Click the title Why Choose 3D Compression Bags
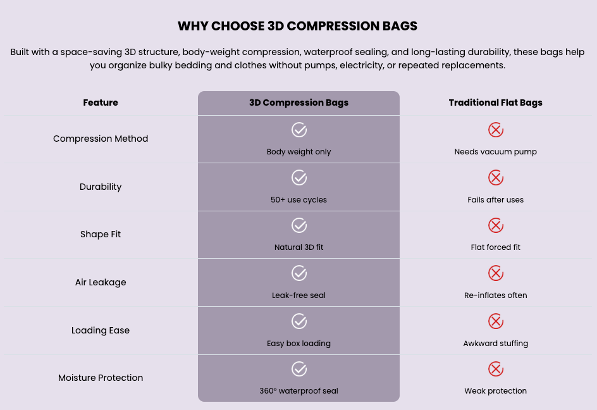(297, 26)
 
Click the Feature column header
(101, 102)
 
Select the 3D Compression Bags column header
(299, 102)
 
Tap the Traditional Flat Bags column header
(495, 102)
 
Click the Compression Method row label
(101, 139)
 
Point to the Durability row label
(101, 187)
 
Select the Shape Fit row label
(101, 234)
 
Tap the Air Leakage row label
(101, 282)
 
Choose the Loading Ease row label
(101, 330)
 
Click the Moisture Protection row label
(101, 378)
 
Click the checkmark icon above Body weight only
(299, 130)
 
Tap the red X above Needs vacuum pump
(496, 130)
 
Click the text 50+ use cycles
(299, 200)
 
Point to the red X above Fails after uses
(496, 178)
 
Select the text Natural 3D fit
(299, 247)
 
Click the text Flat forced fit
(495, 247)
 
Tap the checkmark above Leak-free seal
(299, 273)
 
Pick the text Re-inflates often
(495, 295)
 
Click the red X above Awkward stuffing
(496, 321)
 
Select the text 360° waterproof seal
(299, 391)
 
